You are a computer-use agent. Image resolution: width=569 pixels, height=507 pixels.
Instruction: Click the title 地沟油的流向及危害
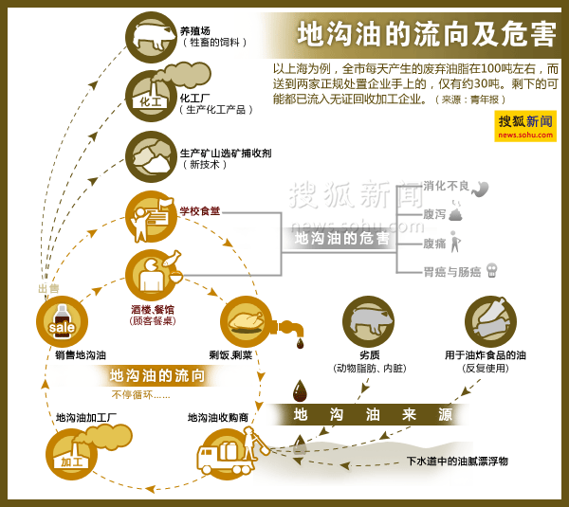click(426, 34)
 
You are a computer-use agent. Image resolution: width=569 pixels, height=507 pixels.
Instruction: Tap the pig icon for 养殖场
click(151, 37)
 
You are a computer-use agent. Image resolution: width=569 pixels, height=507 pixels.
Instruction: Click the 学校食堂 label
click(200, 210)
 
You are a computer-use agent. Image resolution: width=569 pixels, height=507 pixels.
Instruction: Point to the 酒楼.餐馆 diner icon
click(151, 275)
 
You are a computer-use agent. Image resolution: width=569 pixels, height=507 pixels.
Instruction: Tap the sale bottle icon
click(62, 322)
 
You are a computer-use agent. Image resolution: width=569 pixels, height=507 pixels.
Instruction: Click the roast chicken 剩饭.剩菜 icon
click(246, 322)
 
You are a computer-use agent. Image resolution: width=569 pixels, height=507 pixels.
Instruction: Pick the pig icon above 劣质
click(368, 322)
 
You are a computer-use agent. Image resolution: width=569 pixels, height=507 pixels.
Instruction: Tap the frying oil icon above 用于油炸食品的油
click(490, 322)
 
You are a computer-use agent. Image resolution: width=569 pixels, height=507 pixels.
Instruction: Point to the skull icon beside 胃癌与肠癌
click(491, 271)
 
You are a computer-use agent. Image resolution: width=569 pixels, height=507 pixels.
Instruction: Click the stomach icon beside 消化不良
click(480, 189)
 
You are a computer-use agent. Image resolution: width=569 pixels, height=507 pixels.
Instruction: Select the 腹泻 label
click(434, 214)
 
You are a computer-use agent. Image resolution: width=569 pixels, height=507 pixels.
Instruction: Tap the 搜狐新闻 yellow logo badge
click(525, 125)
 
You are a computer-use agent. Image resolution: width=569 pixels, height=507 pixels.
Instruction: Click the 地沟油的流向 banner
click(157, 375)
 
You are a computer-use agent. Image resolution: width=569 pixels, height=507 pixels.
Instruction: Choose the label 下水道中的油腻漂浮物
click(457, 462)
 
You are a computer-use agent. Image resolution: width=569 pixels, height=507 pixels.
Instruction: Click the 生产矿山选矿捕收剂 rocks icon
click(151, 156)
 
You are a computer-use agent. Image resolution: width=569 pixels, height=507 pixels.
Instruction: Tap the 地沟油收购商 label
click(218, 417)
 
